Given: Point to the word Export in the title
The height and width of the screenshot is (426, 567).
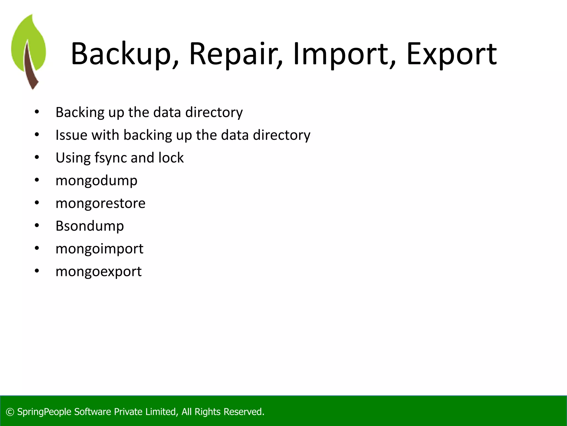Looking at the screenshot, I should click(451, 54).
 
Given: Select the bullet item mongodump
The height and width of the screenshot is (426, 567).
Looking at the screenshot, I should click(96, 181).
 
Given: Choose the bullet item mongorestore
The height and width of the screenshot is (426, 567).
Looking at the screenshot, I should click(100, 203).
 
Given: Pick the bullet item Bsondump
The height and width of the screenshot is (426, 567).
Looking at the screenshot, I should click(89, 226).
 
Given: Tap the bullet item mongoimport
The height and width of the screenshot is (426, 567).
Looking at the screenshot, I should click(99, 249).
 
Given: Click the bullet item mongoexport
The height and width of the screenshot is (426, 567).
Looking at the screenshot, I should click(99, 272).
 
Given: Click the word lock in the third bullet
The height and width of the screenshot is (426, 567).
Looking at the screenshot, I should click(171, 158).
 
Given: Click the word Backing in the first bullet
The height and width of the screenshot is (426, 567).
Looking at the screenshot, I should click(80, 113).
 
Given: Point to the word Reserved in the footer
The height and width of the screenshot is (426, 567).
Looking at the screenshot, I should click(244, 412).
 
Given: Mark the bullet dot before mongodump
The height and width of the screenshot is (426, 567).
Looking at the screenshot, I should click(37, 181).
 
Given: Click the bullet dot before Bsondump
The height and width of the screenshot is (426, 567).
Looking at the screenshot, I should click(37, 226).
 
